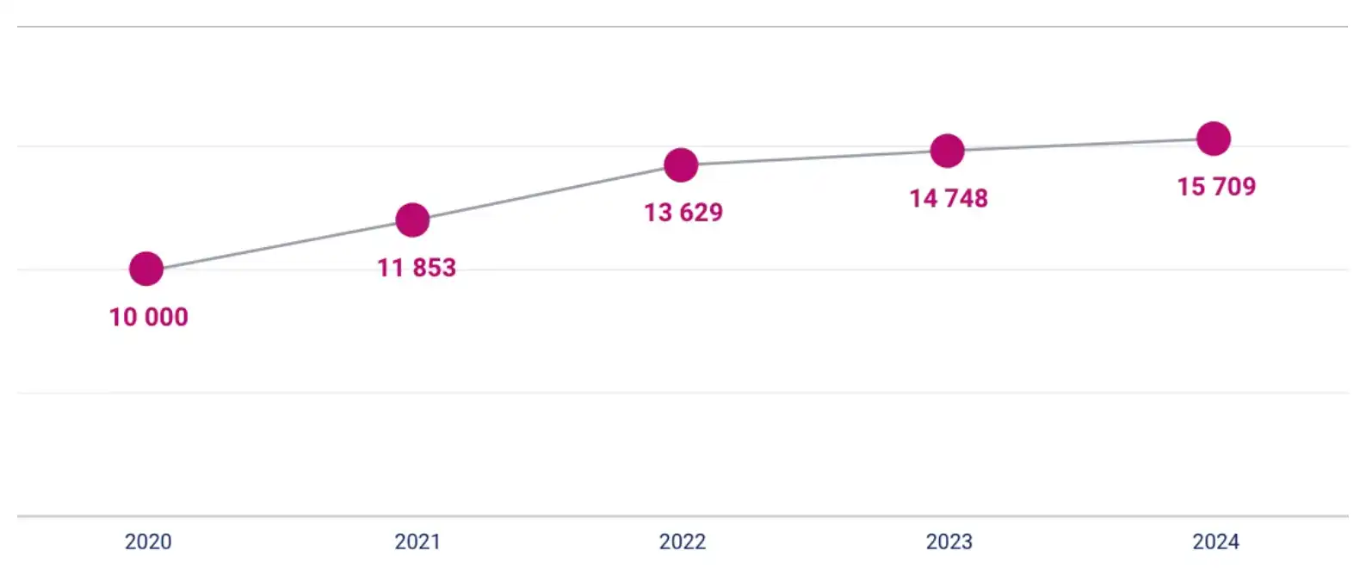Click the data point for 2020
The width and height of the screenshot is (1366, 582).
[x=146, y=269]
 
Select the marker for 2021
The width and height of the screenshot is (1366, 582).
[x=412, y=220]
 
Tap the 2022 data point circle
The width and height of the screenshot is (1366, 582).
[x=681, y=164]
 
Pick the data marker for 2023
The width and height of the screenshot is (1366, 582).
[x=947, y=151]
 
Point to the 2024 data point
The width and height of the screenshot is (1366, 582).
[x=1214, y=138]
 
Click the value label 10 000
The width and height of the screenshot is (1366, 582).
[x=149, y=317]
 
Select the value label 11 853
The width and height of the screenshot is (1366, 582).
[x=417, y=268]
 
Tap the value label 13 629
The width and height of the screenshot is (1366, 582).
[x=683, y=213]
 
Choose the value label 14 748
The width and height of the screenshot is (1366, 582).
[x=949, y=199]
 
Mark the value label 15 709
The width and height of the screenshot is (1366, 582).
[x=1216, y=187]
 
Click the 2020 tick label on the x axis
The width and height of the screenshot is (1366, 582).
[x=148, y=542]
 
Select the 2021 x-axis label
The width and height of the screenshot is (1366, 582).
[x=417, y=542]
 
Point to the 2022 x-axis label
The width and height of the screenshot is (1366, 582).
[x=683, y=542]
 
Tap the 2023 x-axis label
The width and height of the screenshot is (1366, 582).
[x=949, y=542]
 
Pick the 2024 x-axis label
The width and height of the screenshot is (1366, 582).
[x=1215, y=542]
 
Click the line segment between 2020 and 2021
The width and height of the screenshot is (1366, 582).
[x=280, y=245]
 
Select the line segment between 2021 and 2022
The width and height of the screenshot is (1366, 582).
[x=547, y=192]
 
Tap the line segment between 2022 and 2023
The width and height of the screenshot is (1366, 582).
[x=813, y=158]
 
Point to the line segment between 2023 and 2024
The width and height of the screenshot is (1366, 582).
[x=1080, y=145]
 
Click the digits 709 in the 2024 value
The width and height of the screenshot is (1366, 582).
[x=1234, y=187]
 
